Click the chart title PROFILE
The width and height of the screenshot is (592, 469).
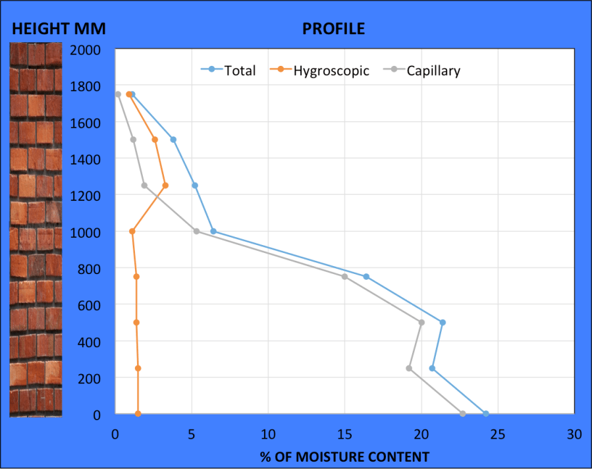coord(333,29)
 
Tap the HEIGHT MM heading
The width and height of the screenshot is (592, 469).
coord(59,29)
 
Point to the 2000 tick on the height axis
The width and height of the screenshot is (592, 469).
coord(86,50)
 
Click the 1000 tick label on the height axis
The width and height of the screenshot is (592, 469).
coord(86,233)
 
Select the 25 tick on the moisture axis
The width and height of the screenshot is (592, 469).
coord(498,435)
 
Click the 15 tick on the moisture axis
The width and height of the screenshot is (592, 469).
coord(344,435)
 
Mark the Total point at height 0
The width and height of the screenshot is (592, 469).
coord(486,414)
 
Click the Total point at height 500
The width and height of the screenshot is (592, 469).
coord(443,322)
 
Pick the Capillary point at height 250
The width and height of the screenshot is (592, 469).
coord(409,368)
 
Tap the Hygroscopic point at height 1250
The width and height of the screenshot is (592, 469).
coord(165,185)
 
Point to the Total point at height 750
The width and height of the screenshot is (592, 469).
coord(366,277)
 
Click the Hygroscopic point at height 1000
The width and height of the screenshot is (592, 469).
coord(132,231)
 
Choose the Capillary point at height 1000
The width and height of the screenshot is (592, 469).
coord(196,231)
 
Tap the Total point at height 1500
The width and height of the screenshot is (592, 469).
coord(173,140)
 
